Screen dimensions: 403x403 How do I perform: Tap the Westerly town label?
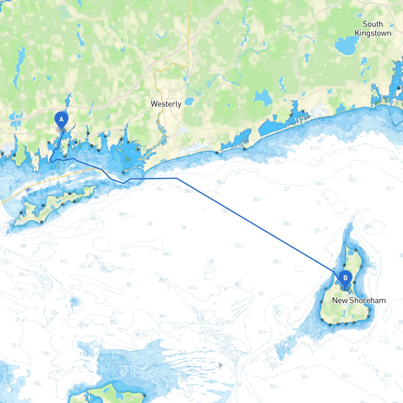pyautogui.click(x=166, y=104)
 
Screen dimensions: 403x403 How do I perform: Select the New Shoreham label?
pyautogui.click(x=359, y=300)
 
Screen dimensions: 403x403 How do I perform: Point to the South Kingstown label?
pyautogui.click(x=373, y=29)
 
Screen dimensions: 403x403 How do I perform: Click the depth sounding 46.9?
pyautogui.click(x=167, y=254)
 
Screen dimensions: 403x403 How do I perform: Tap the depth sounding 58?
pyautogui.click(x=23, y=246)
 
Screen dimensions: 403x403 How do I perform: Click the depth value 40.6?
pyautogui.click(x=320, y=184)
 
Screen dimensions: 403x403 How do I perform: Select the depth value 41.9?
pyautogui.click(x=390, y=189)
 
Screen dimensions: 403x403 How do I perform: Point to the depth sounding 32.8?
pyautogui.click(x=239, y=246)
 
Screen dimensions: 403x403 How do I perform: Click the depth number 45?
pyautogui.click(x=261, y=294)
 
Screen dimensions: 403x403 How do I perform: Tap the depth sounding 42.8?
pyautogui.click(x=262, y=332)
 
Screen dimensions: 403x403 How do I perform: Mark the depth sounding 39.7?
pyautogui.click(x=163, y=316)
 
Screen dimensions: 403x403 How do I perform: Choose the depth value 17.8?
pyautogui.click(x=314, y=148)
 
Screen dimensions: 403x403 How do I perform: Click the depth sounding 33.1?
pyautogui.click(x=305, y=377)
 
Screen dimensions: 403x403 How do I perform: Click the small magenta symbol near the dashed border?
pyautogui.click(x=28, y=190)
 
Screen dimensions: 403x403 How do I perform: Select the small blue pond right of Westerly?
pyautogui.click(x=189, y=101)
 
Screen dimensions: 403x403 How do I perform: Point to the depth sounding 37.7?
pyautogui.click(x=319, y=231)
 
